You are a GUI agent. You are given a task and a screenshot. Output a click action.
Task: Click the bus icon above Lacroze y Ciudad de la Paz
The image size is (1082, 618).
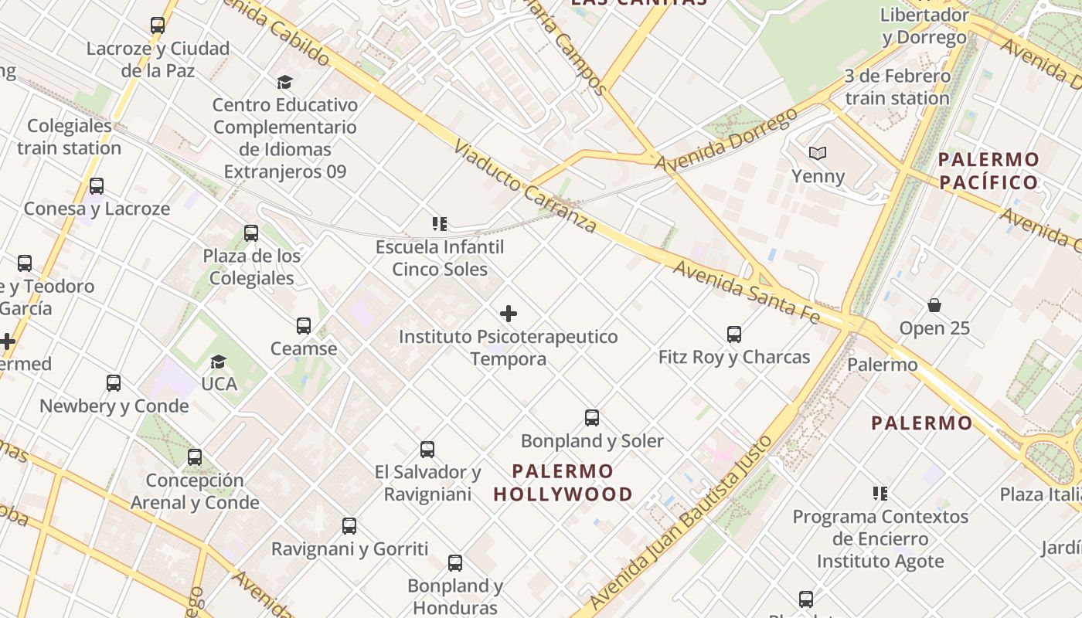pyautogui.click(x=158, y=25)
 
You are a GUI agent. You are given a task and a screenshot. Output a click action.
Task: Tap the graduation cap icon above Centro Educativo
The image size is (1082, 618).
pyautogui.click(x=284, y=82)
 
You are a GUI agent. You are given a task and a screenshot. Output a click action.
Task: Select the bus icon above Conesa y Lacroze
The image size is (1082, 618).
pyautogui.click(x=97, y=186)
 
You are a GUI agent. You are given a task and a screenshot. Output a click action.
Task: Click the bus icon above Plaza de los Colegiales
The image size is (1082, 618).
pyautogui.click(x=251, y=233)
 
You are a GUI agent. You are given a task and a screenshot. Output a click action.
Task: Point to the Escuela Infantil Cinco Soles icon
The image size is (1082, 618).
pyautogui.click(x=440, y=225)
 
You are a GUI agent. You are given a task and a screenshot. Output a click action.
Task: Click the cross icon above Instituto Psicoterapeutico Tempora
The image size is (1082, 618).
pyautogui.click(x=509, y=314)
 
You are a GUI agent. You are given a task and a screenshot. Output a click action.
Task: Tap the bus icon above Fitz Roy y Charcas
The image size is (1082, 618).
pyautogui.click(x=734, y=334)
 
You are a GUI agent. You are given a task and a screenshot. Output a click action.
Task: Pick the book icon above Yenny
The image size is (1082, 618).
pyautogui.click(x=818, y=154)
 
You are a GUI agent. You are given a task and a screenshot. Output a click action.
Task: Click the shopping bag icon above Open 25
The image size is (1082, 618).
pyautogui.click(x=934, y=305)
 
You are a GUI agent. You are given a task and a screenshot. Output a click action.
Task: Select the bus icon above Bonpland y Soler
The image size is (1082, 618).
pyautogui.click(x=592, y=418)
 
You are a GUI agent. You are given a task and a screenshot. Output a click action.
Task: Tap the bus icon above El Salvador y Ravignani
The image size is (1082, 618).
pyautogui.click(x=427, y=450)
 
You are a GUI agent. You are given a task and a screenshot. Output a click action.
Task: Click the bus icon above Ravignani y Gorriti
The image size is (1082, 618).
pyautogui.click(x=349, y=527)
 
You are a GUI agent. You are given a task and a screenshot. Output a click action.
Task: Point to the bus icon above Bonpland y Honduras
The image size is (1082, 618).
pyautogui.click(x=455, y=563)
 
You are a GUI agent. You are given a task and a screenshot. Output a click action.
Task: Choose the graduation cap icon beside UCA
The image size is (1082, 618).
pyautogui.click(x=219, y=362)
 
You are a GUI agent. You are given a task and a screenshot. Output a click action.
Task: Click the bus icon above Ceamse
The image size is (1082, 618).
pyautogui.click(x=304, y=326)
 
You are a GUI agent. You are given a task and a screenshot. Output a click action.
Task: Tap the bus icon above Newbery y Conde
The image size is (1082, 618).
pyautogui.click(x=114, y=383)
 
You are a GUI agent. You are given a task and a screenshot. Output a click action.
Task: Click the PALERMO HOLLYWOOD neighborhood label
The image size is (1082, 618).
pyautogui.click(x=563, y=482)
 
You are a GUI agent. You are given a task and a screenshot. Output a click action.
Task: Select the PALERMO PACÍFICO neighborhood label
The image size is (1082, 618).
pyautogui.click(x=988, y=171)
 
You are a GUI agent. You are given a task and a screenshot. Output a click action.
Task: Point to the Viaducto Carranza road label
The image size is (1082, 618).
pyautogui.click(x=525, y=185)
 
